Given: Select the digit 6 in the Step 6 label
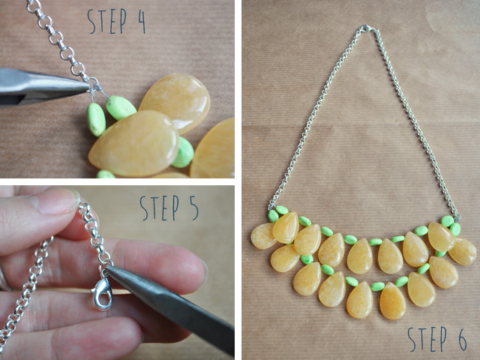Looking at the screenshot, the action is (462, 339).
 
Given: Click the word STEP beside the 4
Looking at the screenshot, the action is (106, 21).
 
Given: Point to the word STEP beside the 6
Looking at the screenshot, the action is (427, 339).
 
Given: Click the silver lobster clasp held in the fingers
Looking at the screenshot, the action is (102, 293).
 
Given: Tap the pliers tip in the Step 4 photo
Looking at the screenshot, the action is (87, 84).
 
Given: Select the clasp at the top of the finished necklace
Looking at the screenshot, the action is (366, 28).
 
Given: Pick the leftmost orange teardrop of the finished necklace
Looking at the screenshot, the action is (262, 235).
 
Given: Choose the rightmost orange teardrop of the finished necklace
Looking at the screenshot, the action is (463, 251).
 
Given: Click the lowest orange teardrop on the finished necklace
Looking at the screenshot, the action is (392, 301).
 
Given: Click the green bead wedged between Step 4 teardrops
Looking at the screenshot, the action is (183, 152).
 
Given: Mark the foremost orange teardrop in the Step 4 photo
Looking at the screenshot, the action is (134, 144).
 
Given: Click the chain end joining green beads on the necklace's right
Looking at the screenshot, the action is (457, 218).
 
